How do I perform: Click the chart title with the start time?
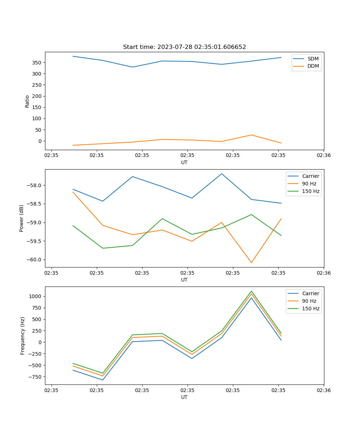point(184,47)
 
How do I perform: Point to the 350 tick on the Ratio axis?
point(37,63)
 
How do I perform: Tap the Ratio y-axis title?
point(27,101)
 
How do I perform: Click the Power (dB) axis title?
point(22,218)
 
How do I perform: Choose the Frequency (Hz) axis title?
point(22,336)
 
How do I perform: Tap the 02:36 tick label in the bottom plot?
point(323,390)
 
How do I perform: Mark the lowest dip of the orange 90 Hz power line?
point(251,262)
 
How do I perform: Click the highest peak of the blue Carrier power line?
point(222,174)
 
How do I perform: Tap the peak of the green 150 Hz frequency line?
point(251,291)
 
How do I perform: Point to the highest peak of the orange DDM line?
point(251,135)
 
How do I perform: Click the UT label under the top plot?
point(184,162)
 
